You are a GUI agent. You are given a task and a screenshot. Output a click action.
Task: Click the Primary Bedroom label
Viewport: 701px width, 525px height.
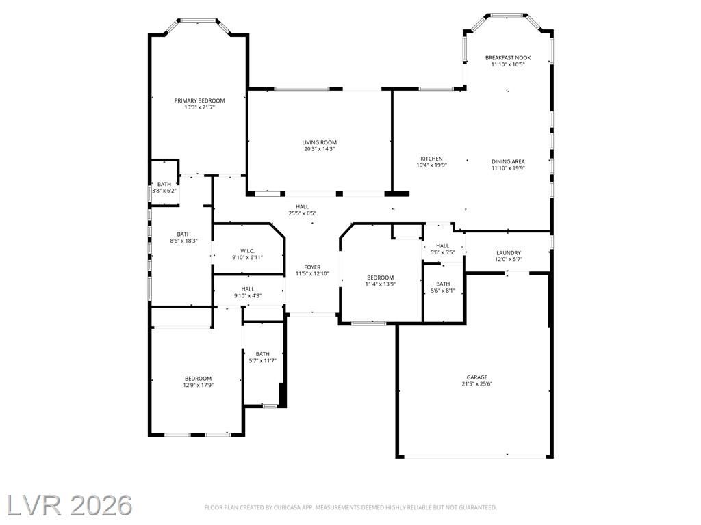click(199, 101)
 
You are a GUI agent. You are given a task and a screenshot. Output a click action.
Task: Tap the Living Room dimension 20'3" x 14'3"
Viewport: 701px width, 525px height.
click(319, 149)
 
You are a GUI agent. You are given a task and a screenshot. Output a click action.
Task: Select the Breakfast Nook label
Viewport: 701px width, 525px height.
click(508, 58)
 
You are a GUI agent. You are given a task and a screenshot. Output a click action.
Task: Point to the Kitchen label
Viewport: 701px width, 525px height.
click(431, 159)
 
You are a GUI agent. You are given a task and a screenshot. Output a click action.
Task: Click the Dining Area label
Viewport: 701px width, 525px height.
click(508, 162)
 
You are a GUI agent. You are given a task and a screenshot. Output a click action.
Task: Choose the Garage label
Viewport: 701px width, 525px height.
click(477, 377)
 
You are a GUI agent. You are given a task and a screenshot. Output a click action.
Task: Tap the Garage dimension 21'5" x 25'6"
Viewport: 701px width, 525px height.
click(477, 384)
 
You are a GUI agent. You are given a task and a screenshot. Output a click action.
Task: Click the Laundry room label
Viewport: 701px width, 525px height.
click(509, 253)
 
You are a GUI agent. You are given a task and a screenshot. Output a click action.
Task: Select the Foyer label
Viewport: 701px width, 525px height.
click(312, 267)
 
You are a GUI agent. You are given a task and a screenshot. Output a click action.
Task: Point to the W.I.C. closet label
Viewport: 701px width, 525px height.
click(247, 252)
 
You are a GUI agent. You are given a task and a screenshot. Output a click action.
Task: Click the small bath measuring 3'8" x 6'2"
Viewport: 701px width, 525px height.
click(164, 187)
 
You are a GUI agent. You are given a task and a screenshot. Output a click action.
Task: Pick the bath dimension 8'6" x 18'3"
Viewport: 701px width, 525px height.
click(183, 241)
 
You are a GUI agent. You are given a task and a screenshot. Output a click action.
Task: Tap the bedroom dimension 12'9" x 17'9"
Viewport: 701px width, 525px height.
click(198, 386)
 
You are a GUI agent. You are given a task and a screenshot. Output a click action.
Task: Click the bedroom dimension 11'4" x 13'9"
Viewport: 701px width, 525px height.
click(381, 284)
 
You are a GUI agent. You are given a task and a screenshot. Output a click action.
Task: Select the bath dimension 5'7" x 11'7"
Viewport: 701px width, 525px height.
click(262, 361)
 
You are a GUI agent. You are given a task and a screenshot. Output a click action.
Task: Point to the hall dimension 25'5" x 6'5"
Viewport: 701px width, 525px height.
click(302, 213)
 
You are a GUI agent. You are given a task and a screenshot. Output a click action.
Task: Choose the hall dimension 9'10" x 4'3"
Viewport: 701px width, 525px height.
click(248, 296)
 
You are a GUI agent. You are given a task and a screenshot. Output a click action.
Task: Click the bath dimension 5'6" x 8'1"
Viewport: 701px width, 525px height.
click(443, 291)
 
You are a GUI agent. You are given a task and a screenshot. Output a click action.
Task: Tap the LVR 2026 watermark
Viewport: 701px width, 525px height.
click(69, 505)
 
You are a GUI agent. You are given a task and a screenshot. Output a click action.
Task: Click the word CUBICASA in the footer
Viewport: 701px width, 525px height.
click(288, 508)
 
